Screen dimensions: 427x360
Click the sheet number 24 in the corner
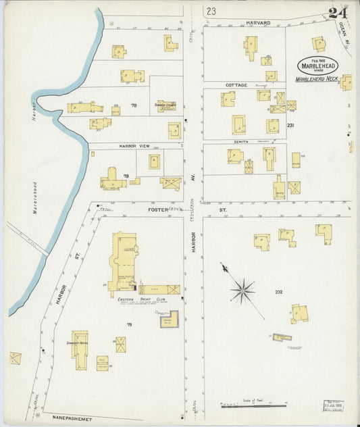339,13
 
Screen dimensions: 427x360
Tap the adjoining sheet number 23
212,11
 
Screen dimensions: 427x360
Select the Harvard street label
257,23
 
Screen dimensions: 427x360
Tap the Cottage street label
236,85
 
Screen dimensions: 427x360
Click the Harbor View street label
133,146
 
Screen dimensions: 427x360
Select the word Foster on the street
157,210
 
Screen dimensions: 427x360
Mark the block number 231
290,126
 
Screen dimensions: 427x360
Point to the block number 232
278,292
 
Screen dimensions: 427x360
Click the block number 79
129,325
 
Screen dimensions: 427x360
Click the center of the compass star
242,291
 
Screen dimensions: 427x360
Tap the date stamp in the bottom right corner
334,406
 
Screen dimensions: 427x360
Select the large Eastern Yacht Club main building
125,258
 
